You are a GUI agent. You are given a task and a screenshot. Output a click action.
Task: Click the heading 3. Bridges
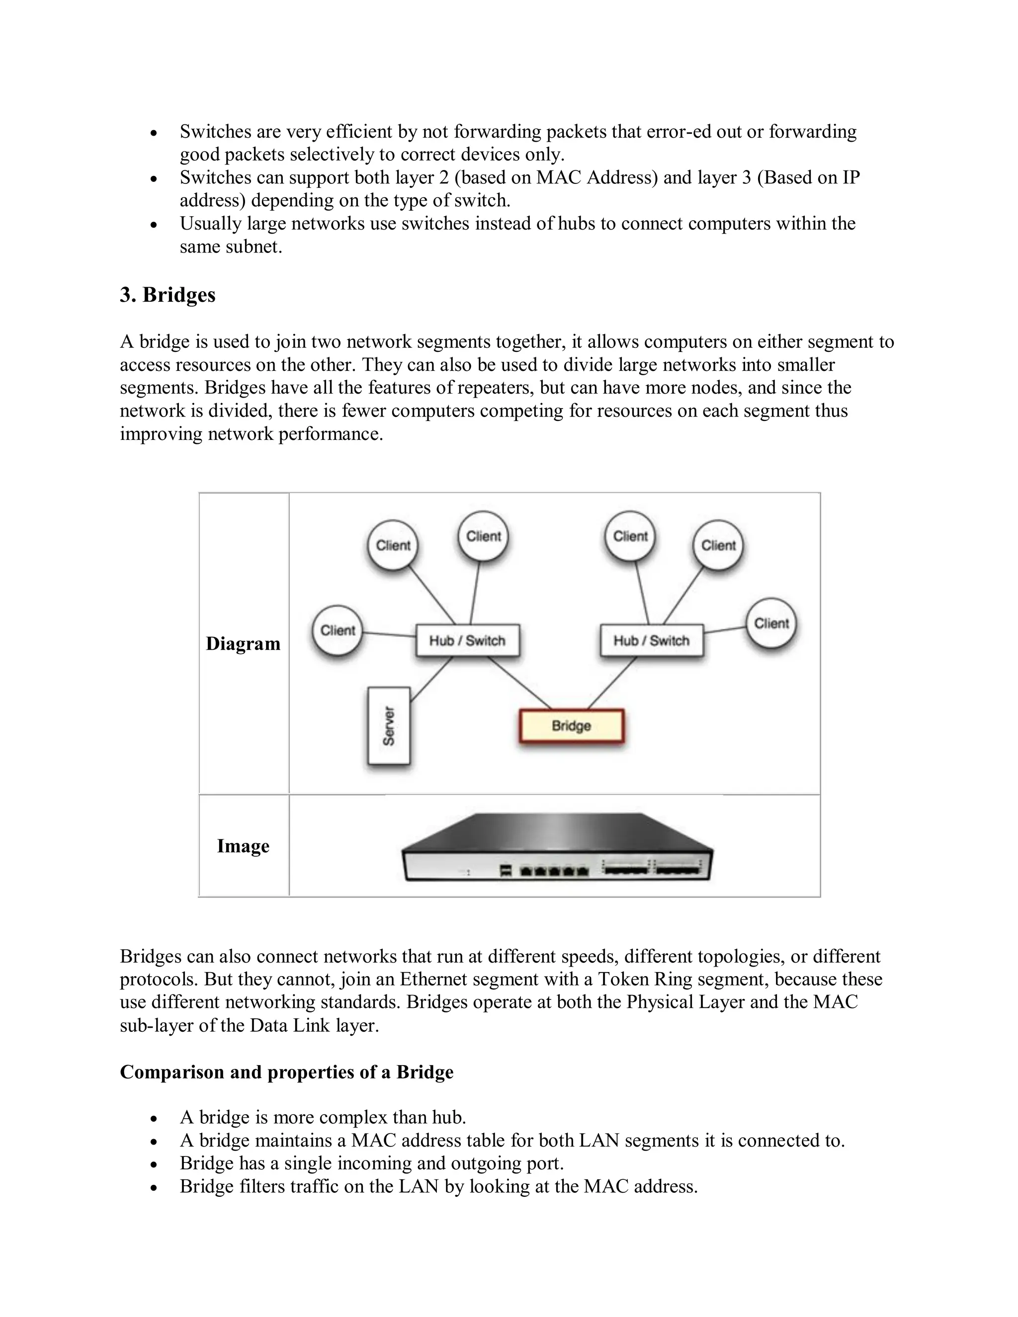coord(167,295)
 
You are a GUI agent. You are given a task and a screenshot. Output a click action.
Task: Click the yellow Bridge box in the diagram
coord(571,726)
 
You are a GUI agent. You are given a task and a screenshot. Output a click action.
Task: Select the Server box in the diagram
coord(389,726)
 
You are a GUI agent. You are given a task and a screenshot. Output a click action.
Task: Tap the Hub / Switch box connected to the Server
coord(467,641)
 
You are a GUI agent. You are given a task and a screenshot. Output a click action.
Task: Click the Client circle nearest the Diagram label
coord(338,631)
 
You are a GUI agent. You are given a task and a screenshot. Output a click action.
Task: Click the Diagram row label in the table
coord(243,644)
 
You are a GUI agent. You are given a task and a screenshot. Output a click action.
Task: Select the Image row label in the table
coord(243,846)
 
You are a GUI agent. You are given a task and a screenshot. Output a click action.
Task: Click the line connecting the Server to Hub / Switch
coord(431,679)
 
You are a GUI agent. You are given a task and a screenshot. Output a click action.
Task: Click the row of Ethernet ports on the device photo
coord(554,871)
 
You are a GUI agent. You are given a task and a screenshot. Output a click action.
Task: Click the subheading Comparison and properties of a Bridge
coord(286,1072)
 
